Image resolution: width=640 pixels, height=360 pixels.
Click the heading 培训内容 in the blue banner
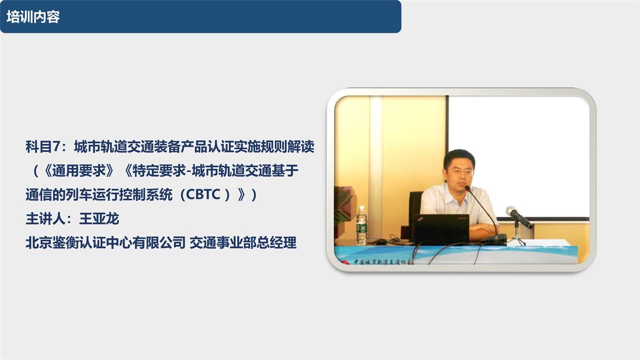click(x=33, y=17)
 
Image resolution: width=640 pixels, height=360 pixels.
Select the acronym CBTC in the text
click(x=199, y=195)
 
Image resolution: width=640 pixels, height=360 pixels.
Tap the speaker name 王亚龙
click(x=99, y=219)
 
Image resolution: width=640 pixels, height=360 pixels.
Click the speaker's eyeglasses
click(x=460, y=172)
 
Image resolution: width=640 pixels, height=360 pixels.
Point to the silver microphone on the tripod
click(x=518, y=217)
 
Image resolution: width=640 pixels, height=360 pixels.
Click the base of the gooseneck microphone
click(x=493, y=239)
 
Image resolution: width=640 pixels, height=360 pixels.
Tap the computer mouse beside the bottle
click(x=381, y=242)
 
